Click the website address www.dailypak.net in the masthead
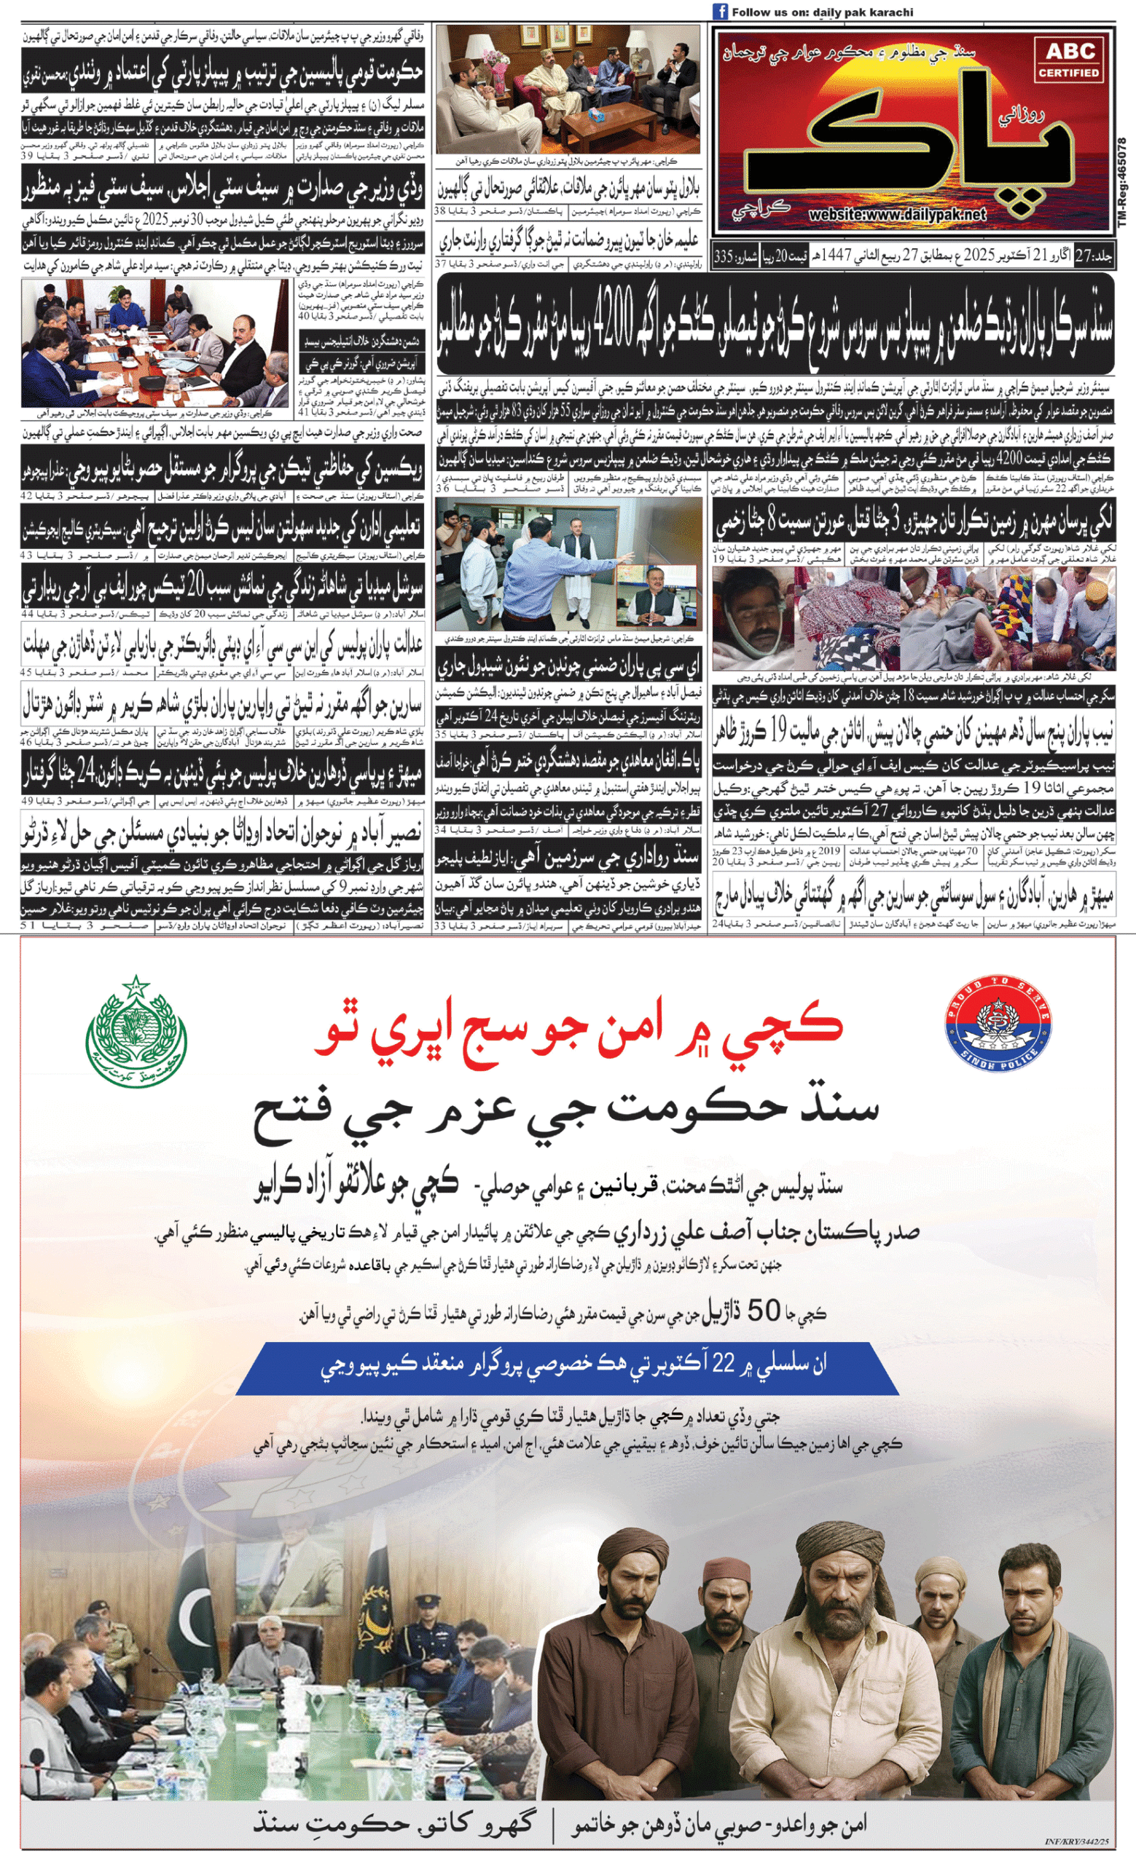(x=897, y=215)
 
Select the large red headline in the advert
(x=579, y=1027)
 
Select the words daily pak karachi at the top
(x=863, y=12)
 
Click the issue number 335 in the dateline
(x=724, y=256)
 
